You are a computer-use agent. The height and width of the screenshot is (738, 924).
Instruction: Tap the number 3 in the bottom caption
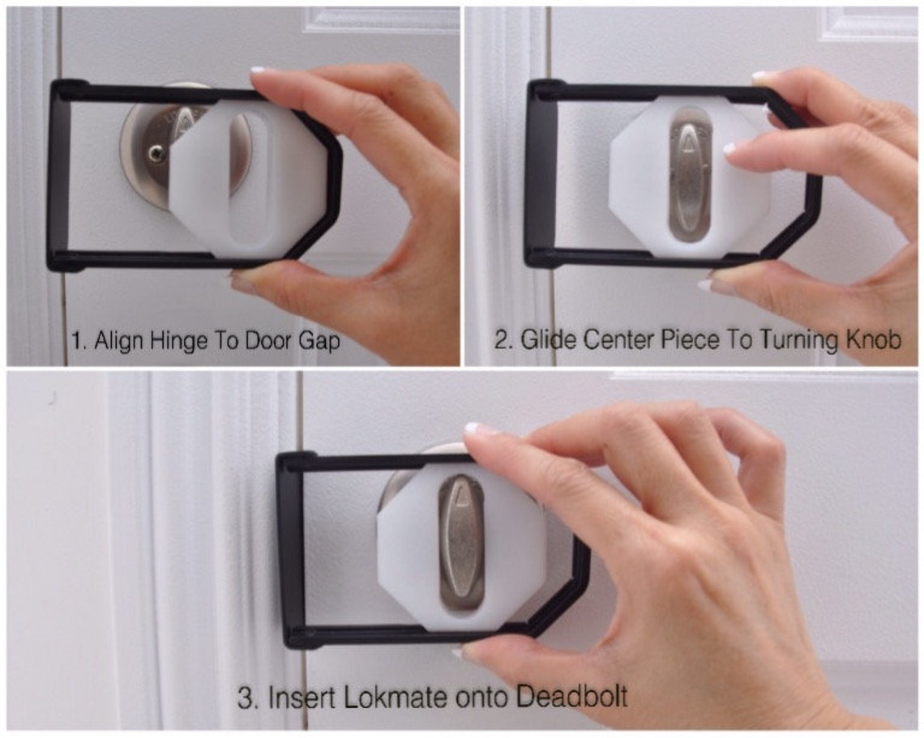point(246,697)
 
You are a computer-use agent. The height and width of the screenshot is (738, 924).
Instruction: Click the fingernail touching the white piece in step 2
point(735,149)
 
